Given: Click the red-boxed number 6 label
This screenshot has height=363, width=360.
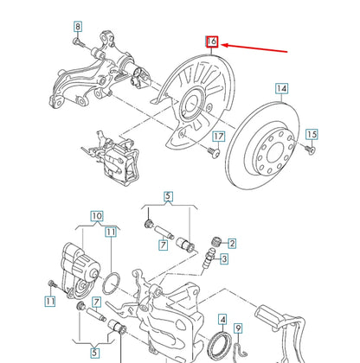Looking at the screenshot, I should pyautogui.click(x=212, y=41).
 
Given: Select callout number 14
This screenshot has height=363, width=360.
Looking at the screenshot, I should pyautogui.click(x=280, y=88).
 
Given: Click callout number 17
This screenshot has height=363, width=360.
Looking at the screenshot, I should pyautogui.click(x=219, y=137).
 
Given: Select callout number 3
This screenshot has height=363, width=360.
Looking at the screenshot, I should pyautogui.click(x=223, y=258).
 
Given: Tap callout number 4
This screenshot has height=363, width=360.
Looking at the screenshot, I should pyautogui.click(x=222, y=319).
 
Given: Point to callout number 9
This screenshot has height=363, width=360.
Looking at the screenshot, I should pyautogui.click(x=240, y=327).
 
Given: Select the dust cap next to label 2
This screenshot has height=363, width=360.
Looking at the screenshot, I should pyautogui.click(x=217, y=239).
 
